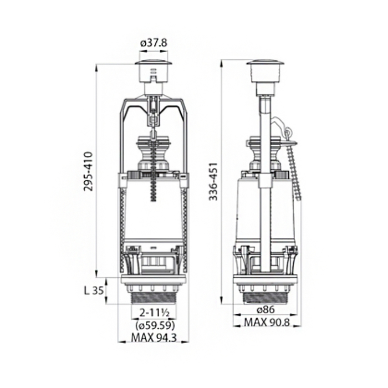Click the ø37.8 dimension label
coord(154,43)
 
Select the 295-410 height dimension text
coord(88,171)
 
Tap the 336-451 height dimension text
coord(213,181)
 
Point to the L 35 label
coord(94,291)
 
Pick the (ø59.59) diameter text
coord(155,326)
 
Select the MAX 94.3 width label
coord(154,338)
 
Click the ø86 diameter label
coord(266,309)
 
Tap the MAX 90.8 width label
coord(267,322)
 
